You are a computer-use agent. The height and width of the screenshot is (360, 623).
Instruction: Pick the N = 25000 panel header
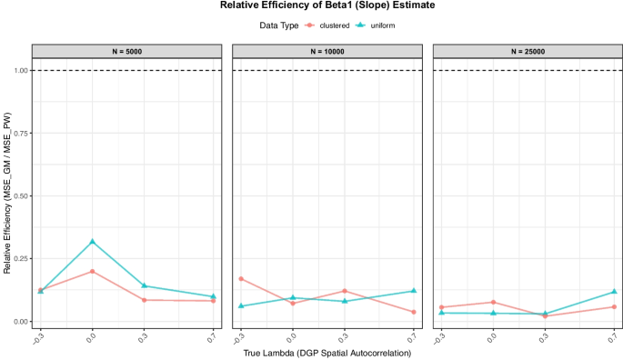click(527, 51)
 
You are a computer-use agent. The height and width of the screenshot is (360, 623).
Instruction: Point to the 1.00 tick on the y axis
click(17, 70)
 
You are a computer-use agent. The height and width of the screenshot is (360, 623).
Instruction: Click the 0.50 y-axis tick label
click(17, 195)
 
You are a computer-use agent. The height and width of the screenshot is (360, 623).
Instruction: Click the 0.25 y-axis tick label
click(17, 259)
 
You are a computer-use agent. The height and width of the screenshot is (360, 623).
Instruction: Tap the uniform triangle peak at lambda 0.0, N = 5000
click(92, 242)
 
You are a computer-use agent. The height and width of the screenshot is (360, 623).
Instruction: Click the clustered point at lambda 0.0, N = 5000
click(92, 272)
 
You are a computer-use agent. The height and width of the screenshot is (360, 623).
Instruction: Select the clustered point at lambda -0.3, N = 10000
click(241, 279)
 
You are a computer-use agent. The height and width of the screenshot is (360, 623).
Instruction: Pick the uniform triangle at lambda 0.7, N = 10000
click(414, 291)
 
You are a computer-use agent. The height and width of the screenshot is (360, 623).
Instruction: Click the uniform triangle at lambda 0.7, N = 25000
click(615, 292)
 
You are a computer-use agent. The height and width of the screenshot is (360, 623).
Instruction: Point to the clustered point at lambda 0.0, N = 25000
click(493, 303)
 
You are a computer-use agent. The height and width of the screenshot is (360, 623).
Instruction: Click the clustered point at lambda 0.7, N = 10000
click(414, 312)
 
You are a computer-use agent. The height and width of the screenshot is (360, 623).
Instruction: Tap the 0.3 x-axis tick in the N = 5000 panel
click(144, 335)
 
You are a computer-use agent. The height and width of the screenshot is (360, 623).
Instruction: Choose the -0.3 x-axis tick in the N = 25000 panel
click(440, 335)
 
